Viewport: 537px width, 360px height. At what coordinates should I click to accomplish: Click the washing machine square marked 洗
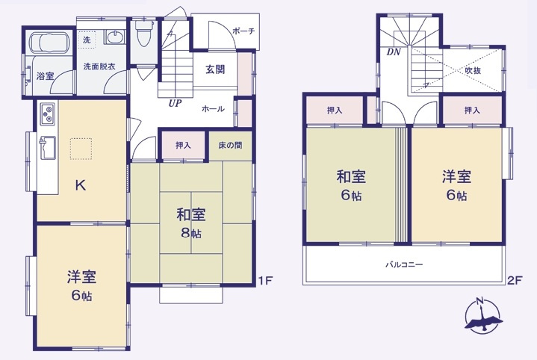tap(87, 39)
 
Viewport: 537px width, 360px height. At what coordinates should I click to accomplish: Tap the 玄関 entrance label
tap(216, 70)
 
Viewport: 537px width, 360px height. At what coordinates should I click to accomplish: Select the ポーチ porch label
tap(243, 31)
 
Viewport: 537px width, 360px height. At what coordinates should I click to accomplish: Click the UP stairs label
tap(176, 102)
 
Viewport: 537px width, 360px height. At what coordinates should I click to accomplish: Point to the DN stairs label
tap(393, 52)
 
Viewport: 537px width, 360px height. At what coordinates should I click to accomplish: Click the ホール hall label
tap(213, 109)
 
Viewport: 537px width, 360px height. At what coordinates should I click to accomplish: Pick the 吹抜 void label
tap(474, 70)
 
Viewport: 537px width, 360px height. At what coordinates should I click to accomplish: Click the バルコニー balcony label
tap(405, 265)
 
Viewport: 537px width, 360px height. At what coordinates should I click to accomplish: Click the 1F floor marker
tap(264, 281)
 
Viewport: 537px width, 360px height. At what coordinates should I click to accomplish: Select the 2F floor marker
tap(514, 281)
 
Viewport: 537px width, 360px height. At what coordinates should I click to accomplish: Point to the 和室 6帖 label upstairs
tap(350, 186)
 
